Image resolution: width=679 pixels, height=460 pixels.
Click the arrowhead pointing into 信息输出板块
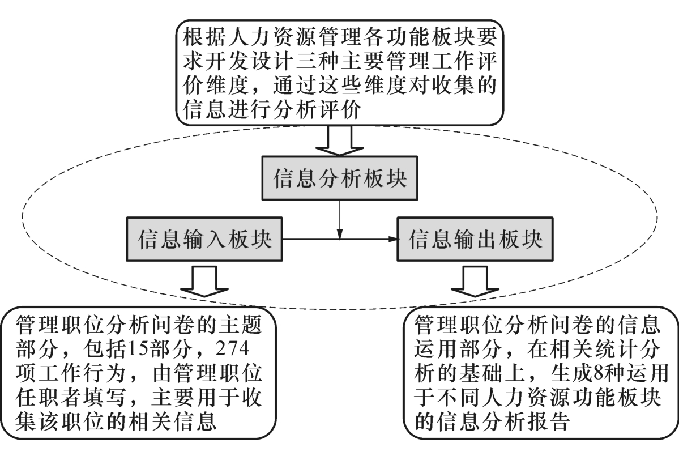[392, 239]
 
